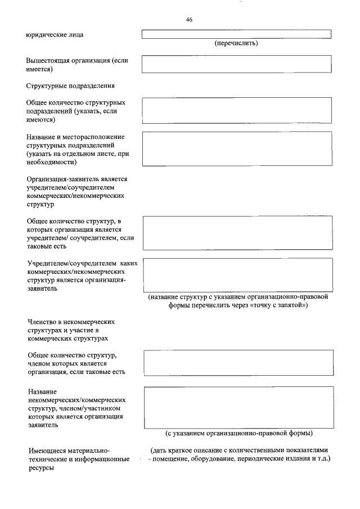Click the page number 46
tap(189, 20)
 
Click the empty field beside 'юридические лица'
tap(237, 34)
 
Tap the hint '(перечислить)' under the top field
tap(237, 43)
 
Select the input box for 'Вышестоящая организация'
tap(237, 64)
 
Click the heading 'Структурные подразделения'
tap(70, 86)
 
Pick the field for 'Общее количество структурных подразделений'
tap(237, 110)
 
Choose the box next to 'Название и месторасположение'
tap(237, 148)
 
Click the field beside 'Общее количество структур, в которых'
tap(237, 233)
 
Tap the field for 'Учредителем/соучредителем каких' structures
tap(237, 275)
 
